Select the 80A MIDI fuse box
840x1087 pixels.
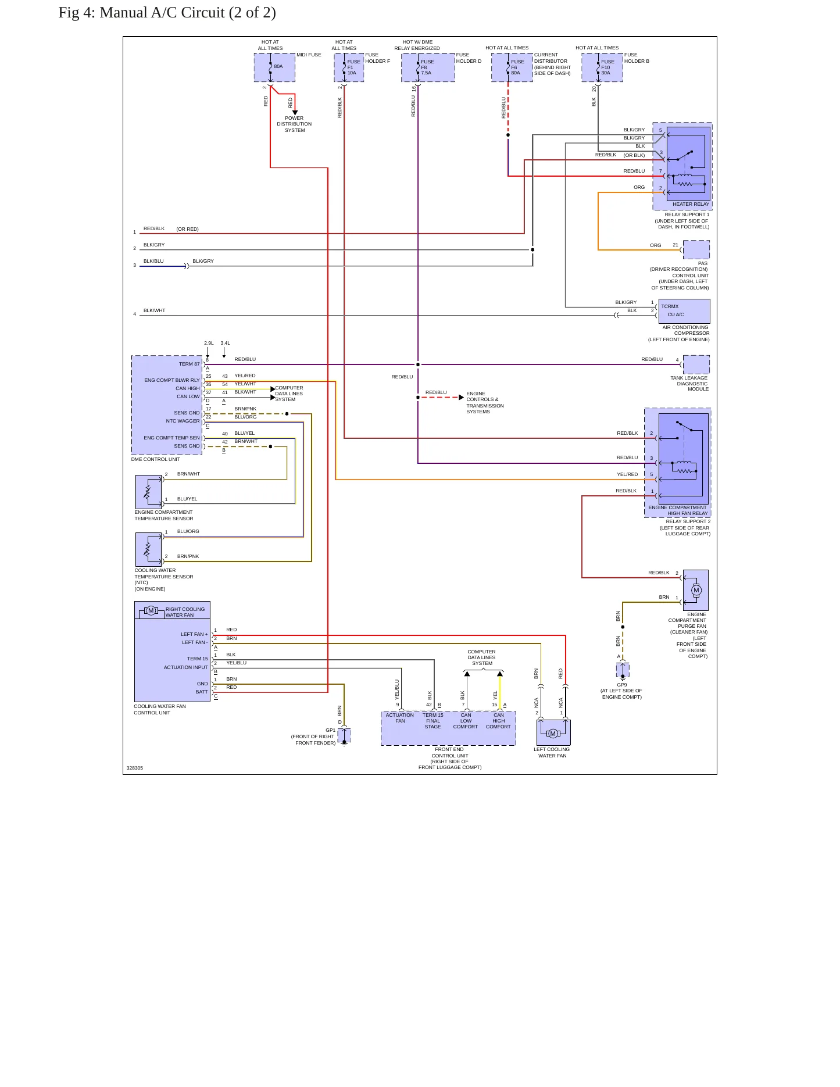tap(274, 67)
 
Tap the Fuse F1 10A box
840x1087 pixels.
tap(349, 67)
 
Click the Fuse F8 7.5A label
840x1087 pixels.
tap(427, 67)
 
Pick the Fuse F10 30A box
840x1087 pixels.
tap(602, 67)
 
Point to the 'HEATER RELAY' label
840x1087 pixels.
tap(691, 204)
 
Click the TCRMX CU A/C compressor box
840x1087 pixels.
tap(684, 311)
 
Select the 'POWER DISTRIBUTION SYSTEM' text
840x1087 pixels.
tap(295, 124)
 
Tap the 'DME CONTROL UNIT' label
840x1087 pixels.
tap(155, 459)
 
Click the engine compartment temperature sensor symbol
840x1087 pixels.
tap(148, 492)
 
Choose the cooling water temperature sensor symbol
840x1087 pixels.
tap(148, 549)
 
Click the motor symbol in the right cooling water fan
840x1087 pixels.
tap(151, 610)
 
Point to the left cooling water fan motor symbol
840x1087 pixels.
tap(553, 734)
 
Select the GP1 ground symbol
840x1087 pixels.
tap(344, 736)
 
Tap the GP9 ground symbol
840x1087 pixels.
tap(623, 671)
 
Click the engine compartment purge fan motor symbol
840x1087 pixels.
tap(696, 590)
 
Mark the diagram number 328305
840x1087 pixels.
tap(135, 768)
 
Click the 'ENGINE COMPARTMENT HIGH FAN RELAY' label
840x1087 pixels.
tap(678, 510)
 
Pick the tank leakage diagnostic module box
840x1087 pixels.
tap(696, 364)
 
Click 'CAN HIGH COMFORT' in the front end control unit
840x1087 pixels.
tap(498, 721)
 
